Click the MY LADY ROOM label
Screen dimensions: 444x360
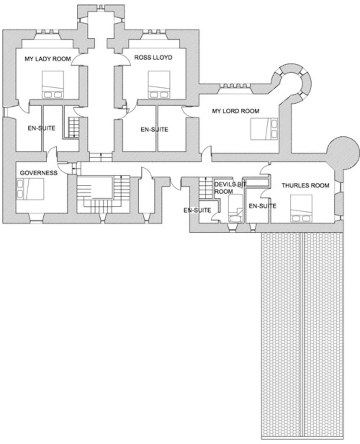[x=47, y=59]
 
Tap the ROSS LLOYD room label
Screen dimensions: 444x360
[x=153, y=57]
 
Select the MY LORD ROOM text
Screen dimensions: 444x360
[x=235, y=111]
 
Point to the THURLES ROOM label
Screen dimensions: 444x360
[x=305, y=186]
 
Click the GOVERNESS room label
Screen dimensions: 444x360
[x=39, y=173]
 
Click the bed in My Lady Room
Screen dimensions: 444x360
[x=53, y=84]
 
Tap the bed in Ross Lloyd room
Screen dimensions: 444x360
[x=159, y=84]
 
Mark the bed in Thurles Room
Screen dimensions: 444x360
[x=301, y=209]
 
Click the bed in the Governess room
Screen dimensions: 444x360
[x=30, y=189]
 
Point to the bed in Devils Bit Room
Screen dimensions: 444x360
[x=236, y=209]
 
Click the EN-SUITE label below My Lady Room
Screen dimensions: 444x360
[x=41, y=128]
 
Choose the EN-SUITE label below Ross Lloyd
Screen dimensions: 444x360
[x=154, y=129]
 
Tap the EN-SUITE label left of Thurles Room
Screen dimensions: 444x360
[x=262, y=206]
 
